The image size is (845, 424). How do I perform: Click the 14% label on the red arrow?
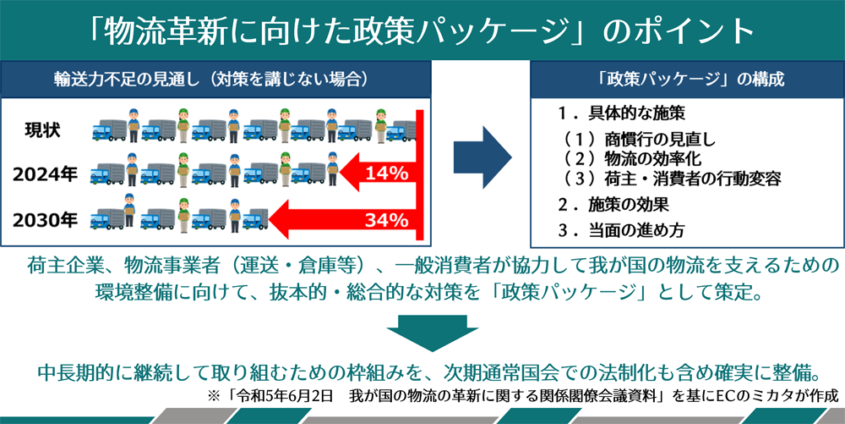click(386, 173)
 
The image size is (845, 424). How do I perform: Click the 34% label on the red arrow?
click(386, 220)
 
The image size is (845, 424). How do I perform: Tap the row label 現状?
click(42, 130)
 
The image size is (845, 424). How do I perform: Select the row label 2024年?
click(45, 174)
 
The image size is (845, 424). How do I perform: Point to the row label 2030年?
click(45, 221)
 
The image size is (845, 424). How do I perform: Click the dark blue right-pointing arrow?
click(482, 157)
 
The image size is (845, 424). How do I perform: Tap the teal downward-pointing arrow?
click(432, 333)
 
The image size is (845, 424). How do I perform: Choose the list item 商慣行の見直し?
click(660, 140)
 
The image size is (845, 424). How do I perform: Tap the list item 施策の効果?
click(629, 205)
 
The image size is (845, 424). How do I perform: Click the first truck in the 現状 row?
click(109, 130)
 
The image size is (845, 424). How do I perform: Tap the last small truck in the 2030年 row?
click(255, 219)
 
